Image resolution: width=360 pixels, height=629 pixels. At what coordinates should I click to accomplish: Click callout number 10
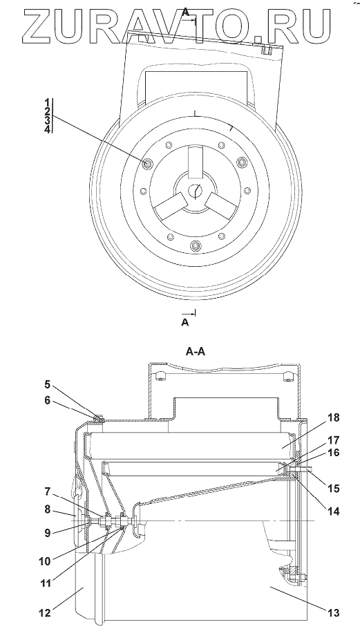click(46, 561)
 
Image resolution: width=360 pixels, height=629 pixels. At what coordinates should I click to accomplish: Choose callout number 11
click(46, 582)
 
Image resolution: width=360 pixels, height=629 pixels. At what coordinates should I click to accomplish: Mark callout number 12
click(46, 613)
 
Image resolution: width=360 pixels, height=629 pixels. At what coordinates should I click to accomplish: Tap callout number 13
click(334, 613)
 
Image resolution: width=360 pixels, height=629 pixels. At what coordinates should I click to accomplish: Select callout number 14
click(334, 511)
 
